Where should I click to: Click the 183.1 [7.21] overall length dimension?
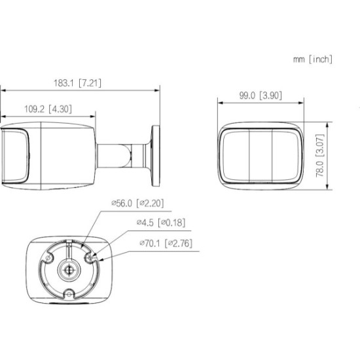[x=77, y=83]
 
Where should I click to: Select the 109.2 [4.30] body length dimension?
[x=48, y=109]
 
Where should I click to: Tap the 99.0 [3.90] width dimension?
[x=261, y=96]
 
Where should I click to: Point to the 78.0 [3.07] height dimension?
[x=320, y=155]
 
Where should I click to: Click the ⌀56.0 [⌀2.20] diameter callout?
[x=137, y=203]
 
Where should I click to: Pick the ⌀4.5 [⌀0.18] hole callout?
[x=161, y=223]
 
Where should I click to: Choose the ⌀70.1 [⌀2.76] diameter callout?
[x=166, y=243]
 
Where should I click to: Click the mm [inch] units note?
[x=313, y=59]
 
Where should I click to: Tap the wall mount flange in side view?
[x=156, y=156]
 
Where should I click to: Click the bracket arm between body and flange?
[x=123, y=156]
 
